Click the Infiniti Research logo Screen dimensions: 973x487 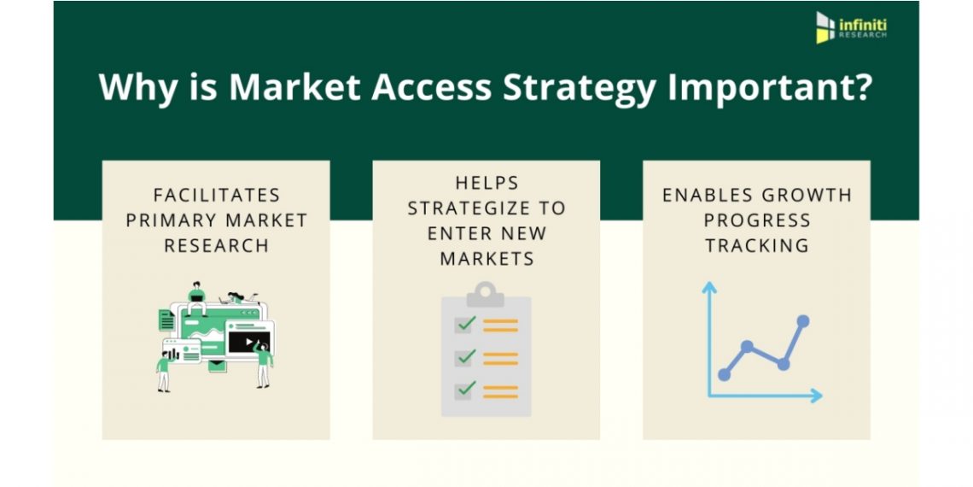pos(851,28)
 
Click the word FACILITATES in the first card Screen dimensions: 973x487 pos(217,195)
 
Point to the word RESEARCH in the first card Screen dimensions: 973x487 pos(217,245)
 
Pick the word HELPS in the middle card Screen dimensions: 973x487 pos(486,183)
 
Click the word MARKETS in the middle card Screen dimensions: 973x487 pos(486,258)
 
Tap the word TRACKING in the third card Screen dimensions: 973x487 pos(756,245)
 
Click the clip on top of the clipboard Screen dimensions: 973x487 pos(486,294)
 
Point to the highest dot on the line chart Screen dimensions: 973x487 pos(803,321)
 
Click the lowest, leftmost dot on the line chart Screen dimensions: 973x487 pos(724,374)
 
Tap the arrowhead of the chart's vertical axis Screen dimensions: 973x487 pos(708,286)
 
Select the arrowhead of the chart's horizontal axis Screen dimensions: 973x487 pos(817,396)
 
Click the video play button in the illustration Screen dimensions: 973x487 pos(249,342)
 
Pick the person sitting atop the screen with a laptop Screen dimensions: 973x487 pos(196,298)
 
